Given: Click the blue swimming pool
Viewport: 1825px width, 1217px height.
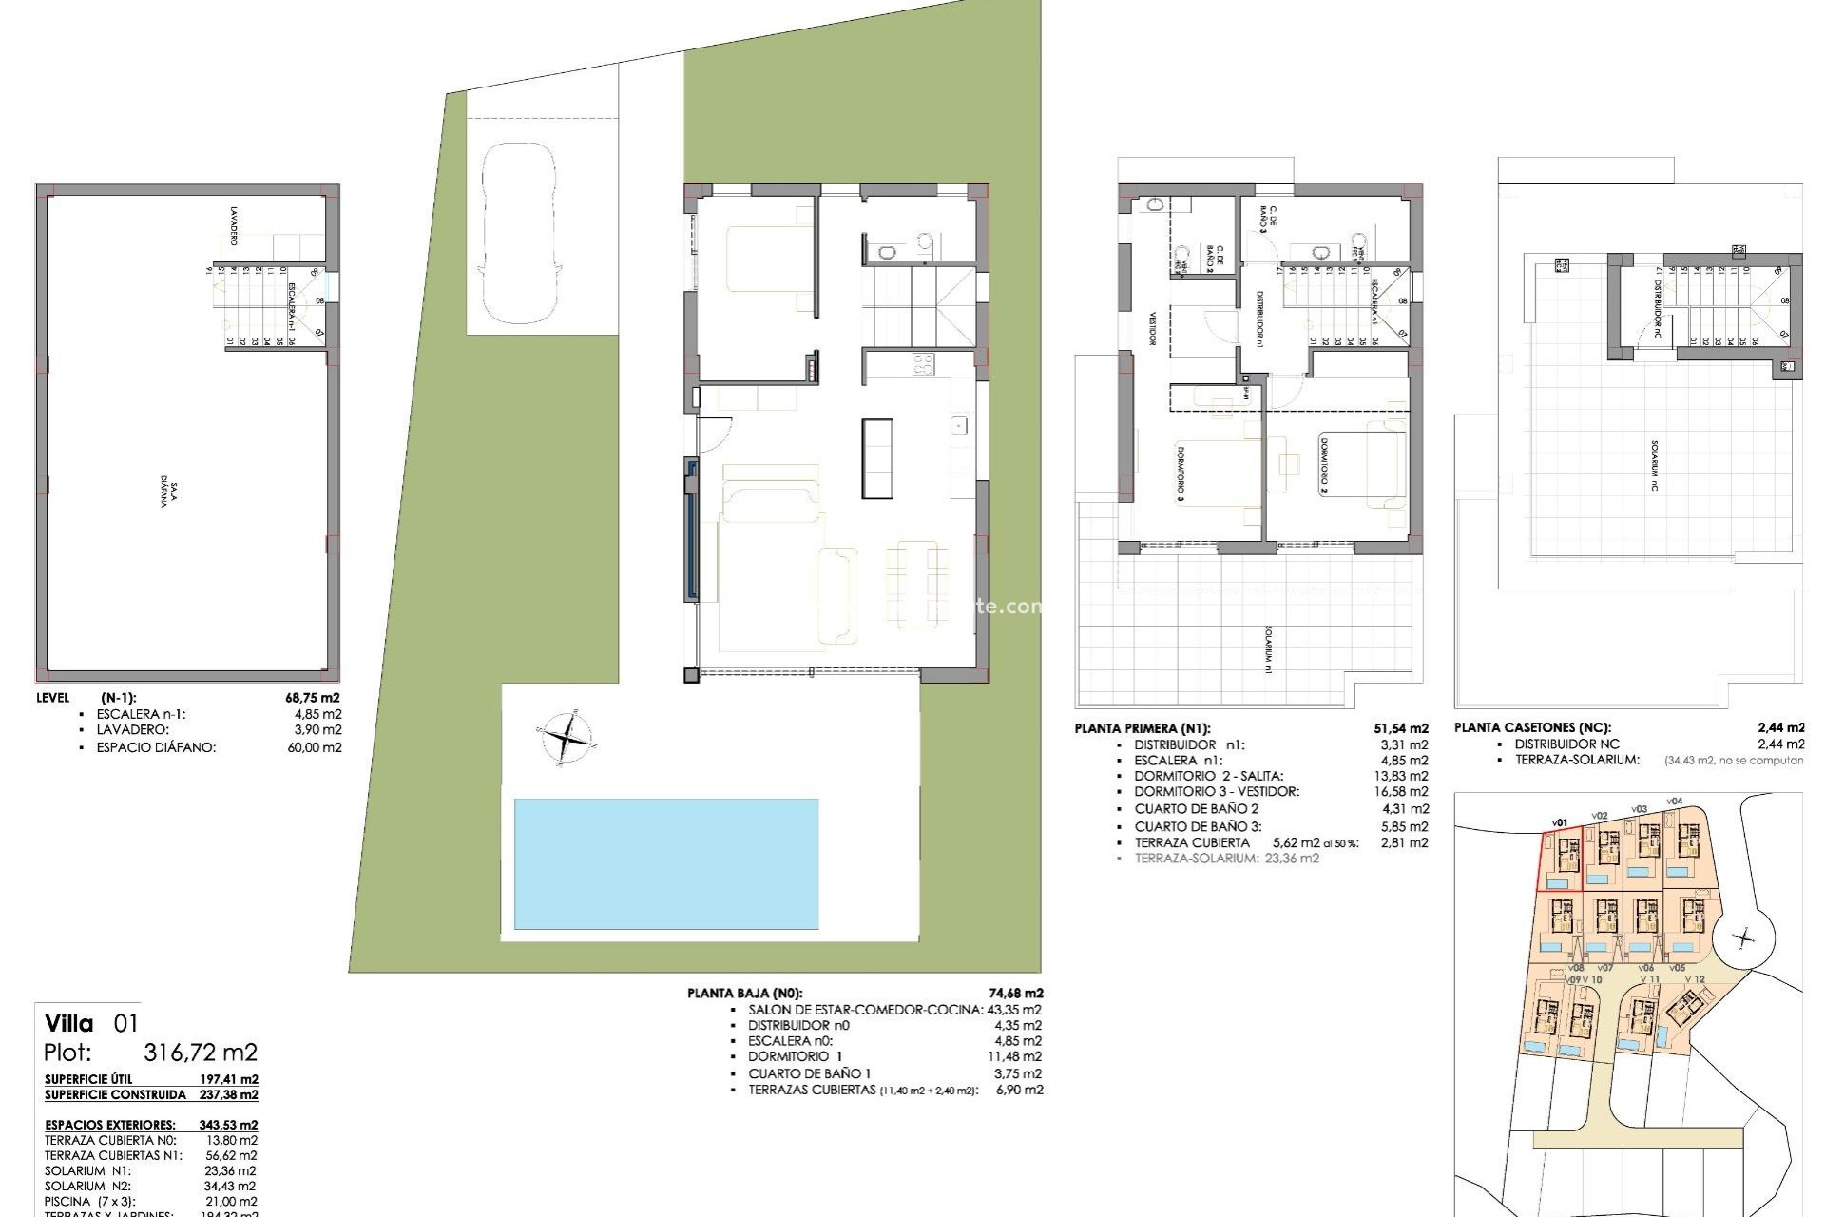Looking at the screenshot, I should [x=665, y=863].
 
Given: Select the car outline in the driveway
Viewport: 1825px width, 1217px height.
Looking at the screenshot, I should [x=519, y=233].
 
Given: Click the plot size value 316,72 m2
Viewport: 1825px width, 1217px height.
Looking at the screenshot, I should [x=200, y=1053].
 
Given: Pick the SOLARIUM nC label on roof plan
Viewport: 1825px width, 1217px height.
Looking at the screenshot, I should [x=1655, y=465].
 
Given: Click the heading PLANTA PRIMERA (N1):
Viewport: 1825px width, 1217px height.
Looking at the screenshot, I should [x=1142, y=729].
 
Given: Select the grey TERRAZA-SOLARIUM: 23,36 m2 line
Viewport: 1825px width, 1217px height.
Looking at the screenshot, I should [x=1226, y=858].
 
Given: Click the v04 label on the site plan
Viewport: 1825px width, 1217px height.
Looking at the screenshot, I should [x=1675, y=802].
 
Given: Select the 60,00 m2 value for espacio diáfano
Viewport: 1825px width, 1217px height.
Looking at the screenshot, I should [x=319, y=747].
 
